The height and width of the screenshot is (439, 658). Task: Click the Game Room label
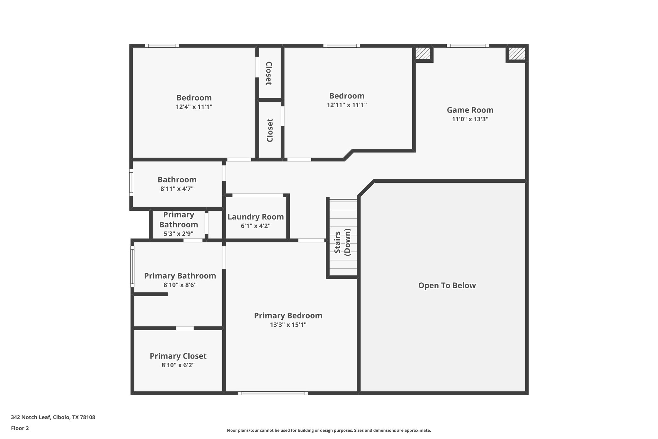tap(470, 110)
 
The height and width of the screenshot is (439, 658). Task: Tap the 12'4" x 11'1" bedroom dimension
tap(194, 107)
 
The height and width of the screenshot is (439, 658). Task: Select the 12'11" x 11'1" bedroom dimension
tap(347, 105)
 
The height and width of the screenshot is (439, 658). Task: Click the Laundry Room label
tap(255, 217)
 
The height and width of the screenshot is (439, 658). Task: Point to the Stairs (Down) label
tap(342, 242)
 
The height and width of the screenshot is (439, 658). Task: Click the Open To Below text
tap(447, 285)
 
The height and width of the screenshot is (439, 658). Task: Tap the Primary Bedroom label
tap(288, 316)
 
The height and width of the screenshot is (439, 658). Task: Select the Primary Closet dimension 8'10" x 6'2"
tap(178, 365)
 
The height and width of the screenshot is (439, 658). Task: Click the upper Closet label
tap(269, 73)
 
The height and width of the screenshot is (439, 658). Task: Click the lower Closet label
tap(270, 130)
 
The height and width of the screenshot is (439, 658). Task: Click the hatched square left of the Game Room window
tap(422, 53)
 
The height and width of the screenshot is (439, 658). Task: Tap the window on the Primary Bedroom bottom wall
tap(273, 393)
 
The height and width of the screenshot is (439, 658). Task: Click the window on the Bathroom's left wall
tap(131, 182)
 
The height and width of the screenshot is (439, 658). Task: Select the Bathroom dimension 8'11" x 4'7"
tap(177, 189)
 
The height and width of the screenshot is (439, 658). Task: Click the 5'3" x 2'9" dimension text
tap(178, 234)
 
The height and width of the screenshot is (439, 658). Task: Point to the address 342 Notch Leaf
tap(53, 417)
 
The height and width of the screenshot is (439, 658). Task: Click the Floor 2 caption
tap(20, 428)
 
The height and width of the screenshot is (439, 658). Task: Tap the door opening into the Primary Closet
tap(185, 328)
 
